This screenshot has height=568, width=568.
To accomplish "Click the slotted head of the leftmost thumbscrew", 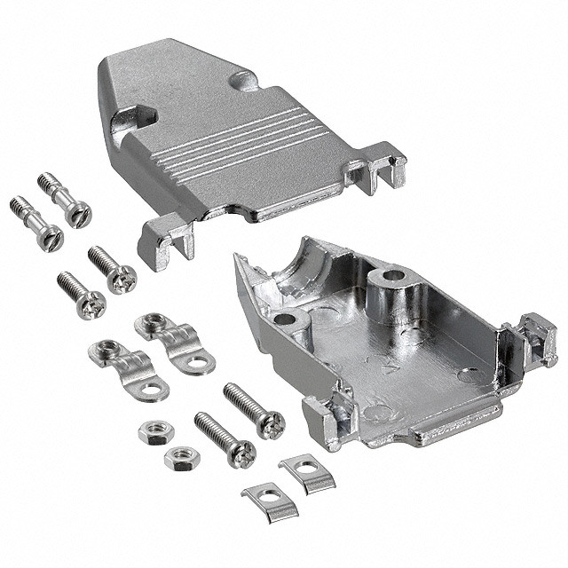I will [51, 236].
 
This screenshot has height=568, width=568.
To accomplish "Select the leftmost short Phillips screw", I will [81, 296].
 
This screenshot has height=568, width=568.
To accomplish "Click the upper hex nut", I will [155, 432].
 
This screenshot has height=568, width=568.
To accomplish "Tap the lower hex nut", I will [182, 457].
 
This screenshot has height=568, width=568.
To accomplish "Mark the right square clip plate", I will [305, 471].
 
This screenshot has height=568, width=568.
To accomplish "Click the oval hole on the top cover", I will [242, 81].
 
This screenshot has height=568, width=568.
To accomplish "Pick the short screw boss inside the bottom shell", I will [288, 320].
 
